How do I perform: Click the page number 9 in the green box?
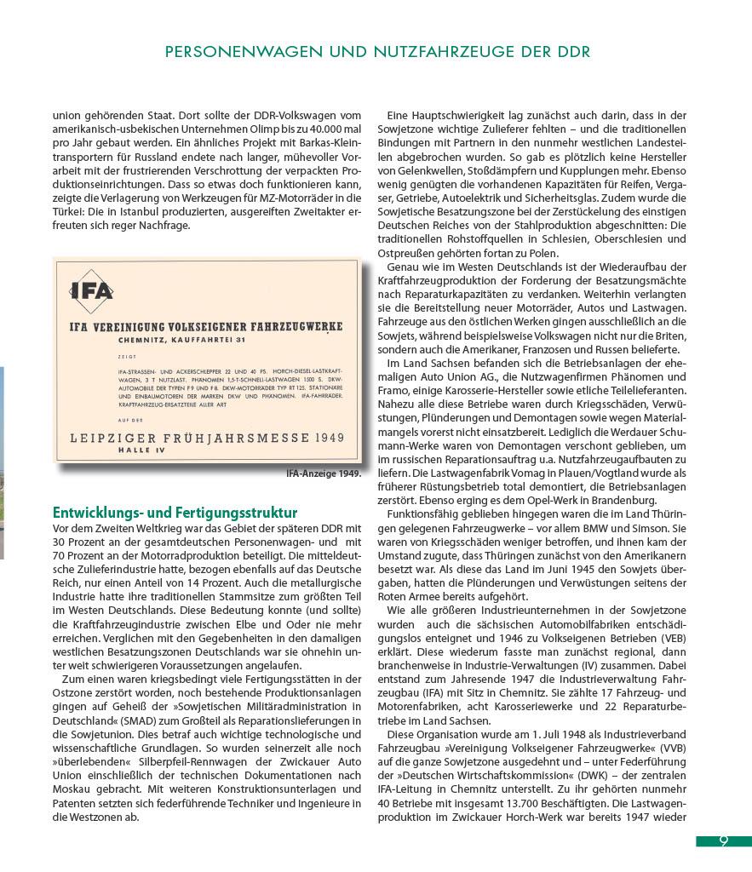click(x=723, y=841)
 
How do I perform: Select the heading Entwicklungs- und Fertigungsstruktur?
click(x=175, y=513)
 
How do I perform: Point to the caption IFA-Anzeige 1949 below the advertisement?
click(x=324, y=473)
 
